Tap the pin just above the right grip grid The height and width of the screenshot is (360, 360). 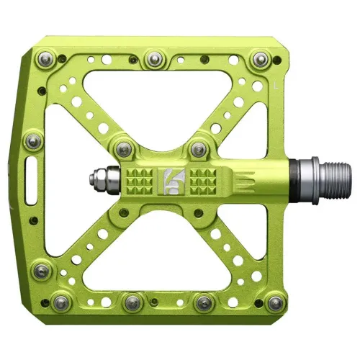pos(197,149)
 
